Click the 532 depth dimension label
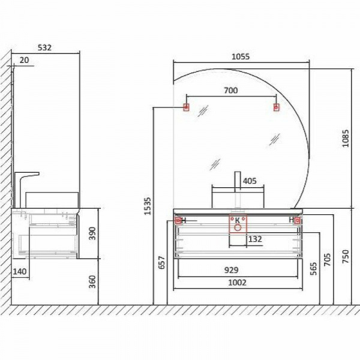pos(44,47)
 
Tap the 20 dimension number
pos(25,60)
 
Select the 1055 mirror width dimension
pos(241,56)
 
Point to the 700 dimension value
pos(231,91)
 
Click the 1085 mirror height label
pos(346,138)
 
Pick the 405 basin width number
pos(250,181)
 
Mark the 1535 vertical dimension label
pos(148,206)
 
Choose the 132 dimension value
pos(255,239)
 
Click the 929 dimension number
pos(231,270)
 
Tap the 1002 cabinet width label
pos(237,283)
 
